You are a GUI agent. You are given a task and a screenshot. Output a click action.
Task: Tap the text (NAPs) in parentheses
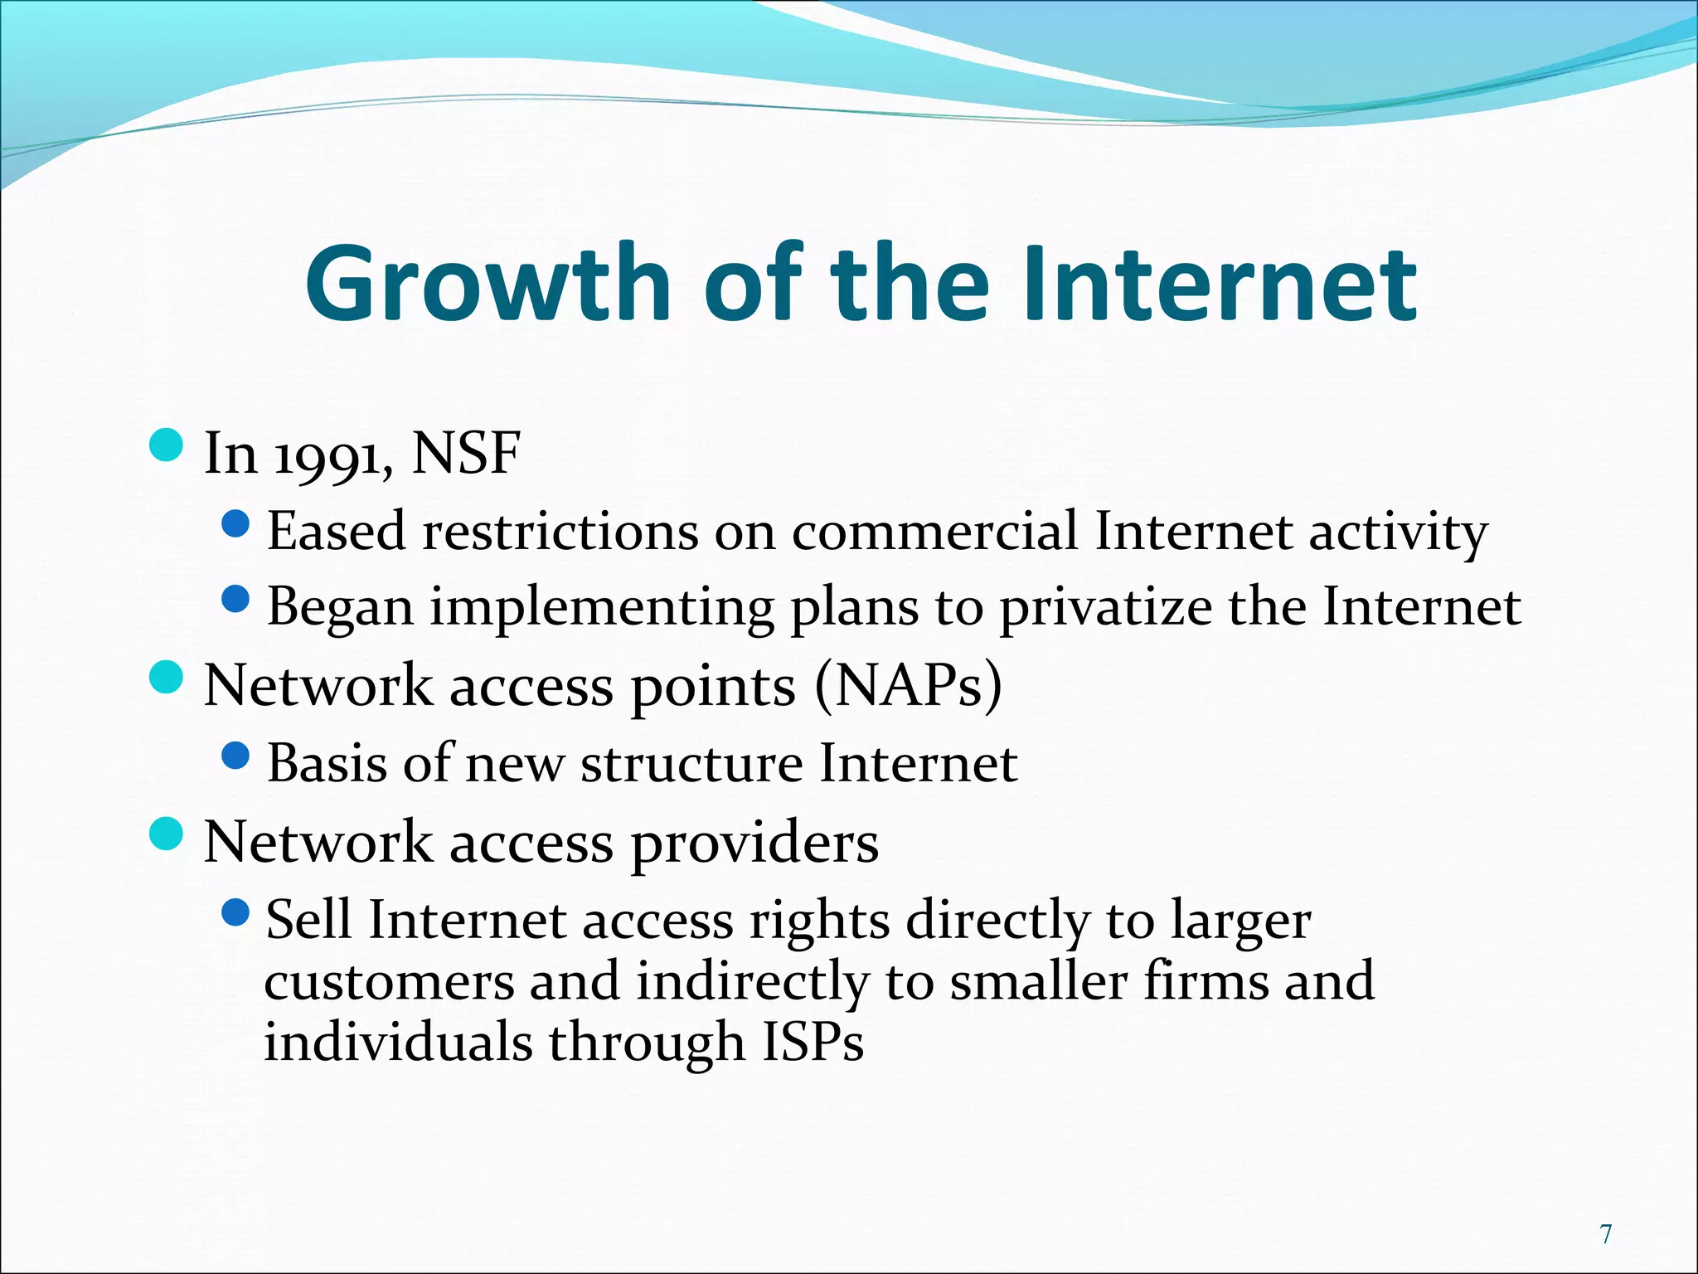pyautogui.click(x=908, y=687)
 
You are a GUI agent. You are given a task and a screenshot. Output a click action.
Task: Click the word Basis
pyautogui.click(x=327, y=763)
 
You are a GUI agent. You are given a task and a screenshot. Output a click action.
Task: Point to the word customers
pyautogui.click(x=389, y=982)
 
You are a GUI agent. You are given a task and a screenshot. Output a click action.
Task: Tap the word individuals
pyautogui.click(x=398, y=1043)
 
